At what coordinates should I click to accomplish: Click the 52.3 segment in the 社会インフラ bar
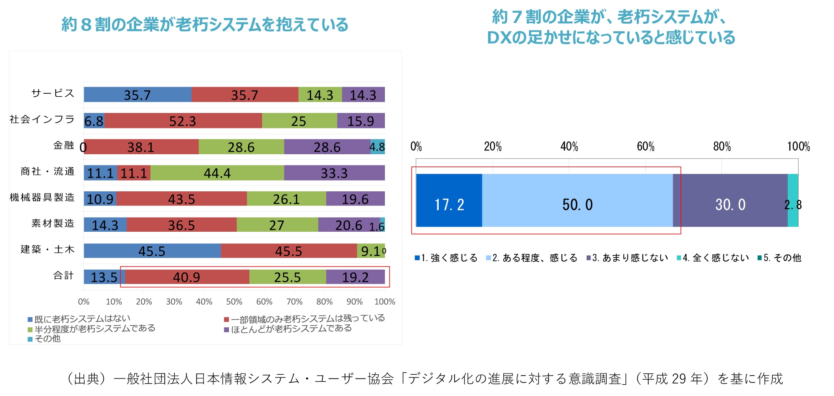(x=183, y=121)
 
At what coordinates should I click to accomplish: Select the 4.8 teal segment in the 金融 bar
(x=377, y=147)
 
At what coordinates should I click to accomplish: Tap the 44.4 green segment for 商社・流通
(x=217, y=173)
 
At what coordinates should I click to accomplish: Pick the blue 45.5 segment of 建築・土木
(x=152, y=251)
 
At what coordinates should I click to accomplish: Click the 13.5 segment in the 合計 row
(x=104, y=277)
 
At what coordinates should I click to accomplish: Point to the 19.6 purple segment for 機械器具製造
(x=355, y=199)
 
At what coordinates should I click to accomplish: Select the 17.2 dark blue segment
(x=449, y=204)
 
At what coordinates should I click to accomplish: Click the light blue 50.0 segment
(x=577, y=204)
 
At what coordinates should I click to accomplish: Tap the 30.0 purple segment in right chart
(x=730, y=204)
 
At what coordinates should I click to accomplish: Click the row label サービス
(x=53, y=93)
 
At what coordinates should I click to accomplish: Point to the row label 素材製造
(x=53, y=223)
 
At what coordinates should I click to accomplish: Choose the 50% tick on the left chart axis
(x=234, y=301)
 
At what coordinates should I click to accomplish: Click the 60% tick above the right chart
(x=646, y=147)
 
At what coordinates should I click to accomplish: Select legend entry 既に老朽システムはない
(x=82, y=319)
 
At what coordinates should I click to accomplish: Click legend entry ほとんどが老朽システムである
(x=291, y=329)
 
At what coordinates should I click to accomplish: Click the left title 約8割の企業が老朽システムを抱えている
(x=205, y=25)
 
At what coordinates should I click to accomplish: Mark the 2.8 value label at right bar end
(x=793, y=205)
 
